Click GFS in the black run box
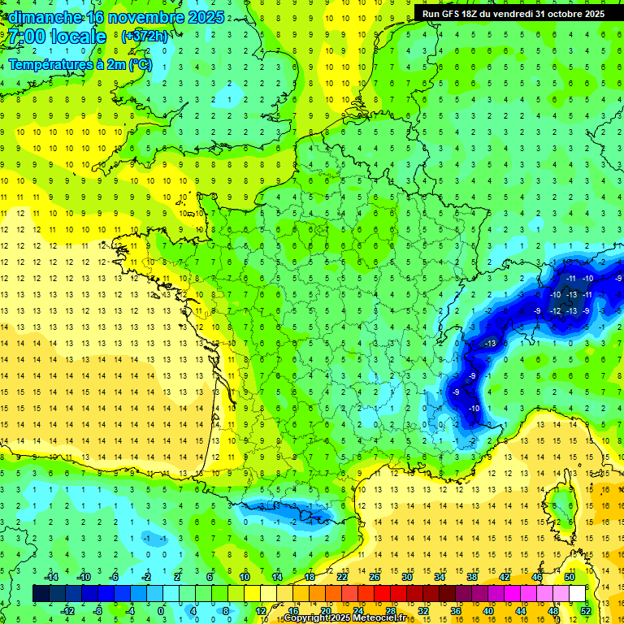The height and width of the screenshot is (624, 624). pos(450,14)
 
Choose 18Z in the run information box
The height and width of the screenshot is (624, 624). pos(473,14)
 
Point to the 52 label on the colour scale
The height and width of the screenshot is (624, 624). pos(586,610)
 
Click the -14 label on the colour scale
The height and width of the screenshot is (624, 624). pos(52,577)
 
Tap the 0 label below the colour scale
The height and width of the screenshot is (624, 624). pos(161,610)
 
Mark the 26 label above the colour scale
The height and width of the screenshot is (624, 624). pos(375,577)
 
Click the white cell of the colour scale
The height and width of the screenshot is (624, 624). pos(577,594)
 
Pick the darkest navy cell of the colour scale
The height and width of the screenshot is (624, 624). pos(41,594)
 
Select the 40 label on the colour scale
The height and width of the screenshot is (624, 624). pos(488,610)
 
